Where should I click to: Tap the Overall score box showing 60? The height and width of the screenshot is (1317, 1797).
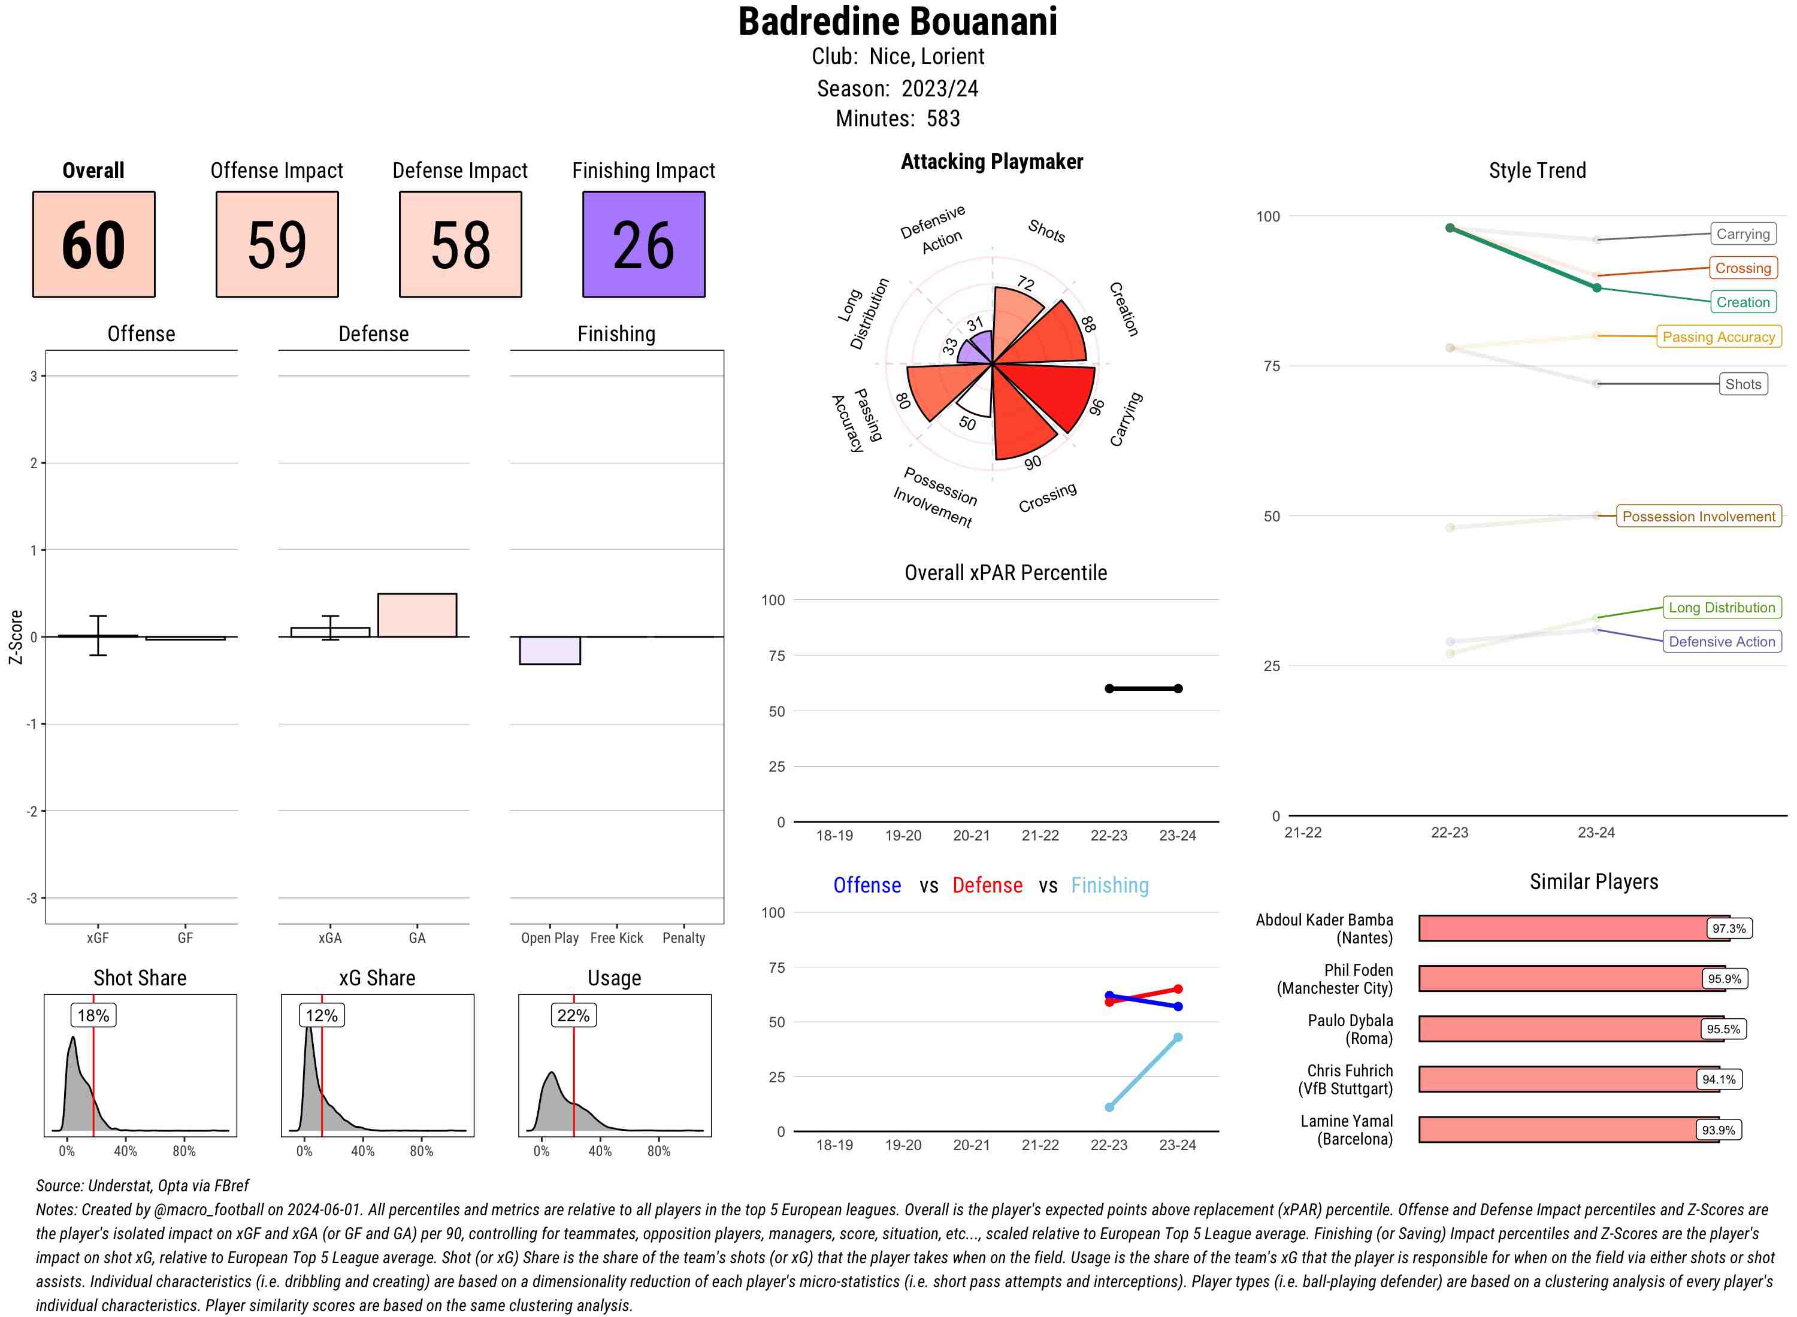pyautogui.click(x=93, y=244)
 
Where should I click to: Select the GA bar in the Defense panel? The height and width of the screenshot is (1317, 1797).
pyautogui.click(x=416, y=615)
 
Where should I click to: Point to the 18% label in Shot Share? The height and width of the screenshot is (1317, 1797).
pyautogui.click(x=93, y=1015)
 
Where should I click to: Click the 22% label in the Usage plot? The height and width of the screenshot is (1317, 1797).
pyautogui.click(x=573, y=1015)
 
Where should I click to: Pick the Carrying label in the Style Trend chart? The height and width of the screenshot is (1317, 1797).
pyautogui.click(x=1742, y=233)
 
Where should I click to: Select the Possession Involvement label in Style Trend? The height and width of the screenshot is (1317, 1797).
pyautogui.click(x=1698, y=516)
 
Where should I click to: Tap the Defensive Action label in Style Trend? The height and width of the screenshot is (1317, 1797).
pyautogui.click(x=1722, y=641)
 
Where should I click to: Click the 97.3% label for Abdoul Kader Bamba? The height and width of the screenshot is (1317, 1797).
pyautogui.click(x=1728, y=928)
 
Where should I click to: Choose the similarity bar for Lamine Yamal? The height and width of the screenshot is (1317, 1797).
pyautogui.click(x=1568, y=1129)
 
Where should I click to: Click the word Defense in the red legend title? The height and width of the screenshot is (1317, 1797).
pyautogui.click(x=987, y=885)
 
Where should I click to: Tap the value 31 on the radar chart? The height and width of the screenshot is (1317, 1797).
pyautogui.click(x=975, y=324)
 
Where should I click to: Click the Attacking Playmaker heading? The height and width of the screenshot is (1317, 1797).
pyautogui.click(x=991, y=162)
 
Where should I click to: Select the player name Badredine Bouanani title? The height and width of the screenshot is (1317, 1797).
pyautogui.click(x=897, y=22)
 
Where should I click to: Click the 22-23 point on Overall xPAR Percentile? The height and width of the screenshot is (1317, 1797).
pyautogui.click(x=1109, y=688)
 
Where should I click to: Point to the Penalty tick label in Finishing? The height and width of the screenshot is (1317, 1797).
pyautogui.click(x=683, y=937)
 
